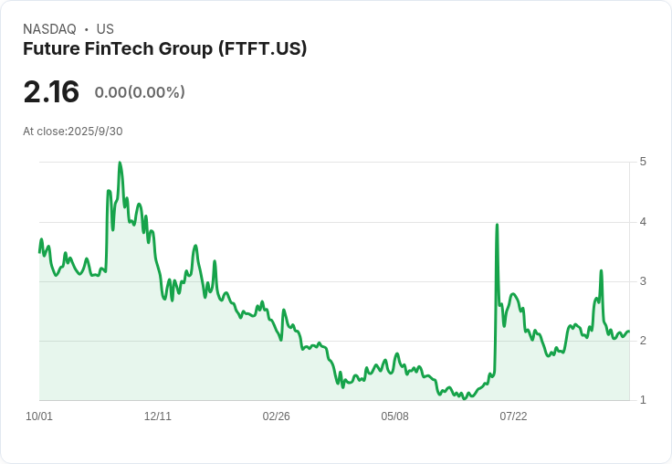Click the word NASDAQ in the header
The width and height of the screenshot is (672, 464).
click(49, 29)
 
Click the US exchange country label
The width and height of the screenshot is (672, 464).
click(105, 29)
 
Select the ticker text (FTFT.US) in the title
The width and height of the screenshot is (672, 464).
click(262, 49)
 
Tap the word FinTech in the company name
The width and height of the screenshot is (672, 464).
click(125, 49)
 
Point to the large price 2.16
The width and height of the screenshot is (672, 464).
click(51, 92)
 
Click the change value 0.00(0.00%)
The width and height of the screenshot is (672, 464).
click(140, 92)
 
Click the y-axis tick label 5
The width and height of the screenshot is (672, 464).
click(644, 162)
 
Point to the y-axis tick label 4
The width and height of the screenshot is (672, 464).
click(644, 222)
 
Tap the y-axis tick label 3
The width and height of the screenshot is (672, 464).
click(644, 281)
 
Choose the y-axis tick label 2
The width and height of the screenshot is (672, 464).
click(644, 341)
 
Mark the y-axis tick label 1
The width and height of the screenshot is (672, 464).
click(644, 400)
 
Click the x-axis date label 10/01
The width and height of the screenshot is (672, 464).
click(39, 417)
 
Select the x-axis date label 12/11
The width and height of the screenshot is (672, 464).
click(158, 417)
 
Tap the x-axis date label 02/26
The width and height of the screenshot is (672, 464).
click(277, 417)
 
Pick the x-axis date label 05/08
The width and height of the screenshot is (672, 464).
click(394, 417)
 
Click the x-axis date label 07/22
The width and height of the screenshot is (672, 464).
click(513, 417)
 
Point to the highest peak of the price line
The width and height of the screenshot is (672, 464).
click(120, 163)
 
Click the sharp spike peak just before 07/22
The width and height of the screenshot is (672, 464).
click(497, 225)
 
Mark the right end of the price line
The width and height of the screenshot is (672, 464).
click(628, 332)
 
